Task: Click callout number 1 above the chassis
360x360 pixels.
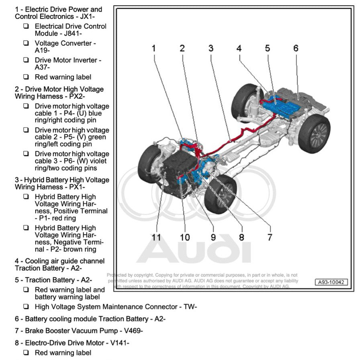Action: pyautogui.click(x=153, y=49)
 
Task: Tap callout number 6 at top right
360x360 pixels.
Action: pyautogui.click(x=296, y=49)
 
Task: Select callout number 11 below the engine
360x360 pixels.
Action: pyautogui.click(x=156, y=237)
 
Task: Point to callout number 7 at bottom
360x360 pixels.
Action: pyautogui.click(x=270, y=237)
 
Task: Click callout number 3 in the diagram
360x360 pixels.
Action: pyautogui.click(x=211, y=49)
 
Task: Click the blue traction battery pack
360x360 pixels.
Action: pyautogui.click(x=281, y=105)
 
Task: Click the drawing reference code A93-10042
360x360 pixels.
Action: pyautogui.click(x=331, y=282)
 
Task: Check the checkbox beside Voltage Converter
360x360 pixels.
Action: pyautogui.click(x=26, y=43)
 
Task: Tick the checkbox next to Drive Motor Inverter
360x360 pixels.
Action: pyautogui.click(x=26, y=60)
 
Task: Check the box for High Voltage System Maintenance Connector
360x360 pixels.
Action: pyautogui.click(x=26, y=307)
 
